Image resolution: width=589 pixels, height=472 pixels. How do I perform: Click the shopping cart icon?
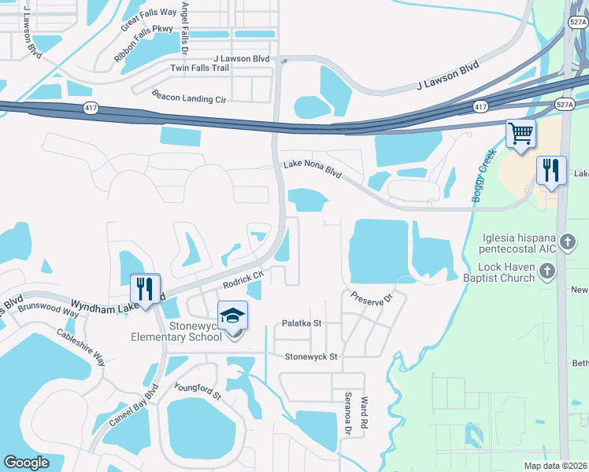click(520, 133)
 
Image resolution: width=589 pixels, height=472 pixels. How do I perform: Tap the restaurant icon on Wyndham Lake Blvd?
click(145, 288)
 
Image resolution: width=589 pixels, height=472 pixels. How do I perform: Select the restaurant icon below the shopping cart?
click(551, 171)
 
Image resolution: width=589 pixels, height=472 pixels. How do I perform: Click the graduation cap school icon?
click(232, 315)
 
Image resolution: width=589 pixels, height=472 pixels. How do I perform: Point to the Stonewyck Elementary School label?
click(177, 333)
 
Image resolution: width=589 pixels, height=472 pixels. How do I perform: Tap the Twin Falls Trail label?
click(200, 68)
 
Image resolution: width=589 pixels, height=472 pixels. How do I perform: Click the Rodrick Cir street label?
click(242, 279)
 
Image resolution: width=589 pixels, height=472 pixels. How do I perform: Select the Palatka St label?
click(302, 323)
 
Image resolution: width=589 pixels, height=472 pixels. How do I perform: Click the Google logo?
click(26, 463)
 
